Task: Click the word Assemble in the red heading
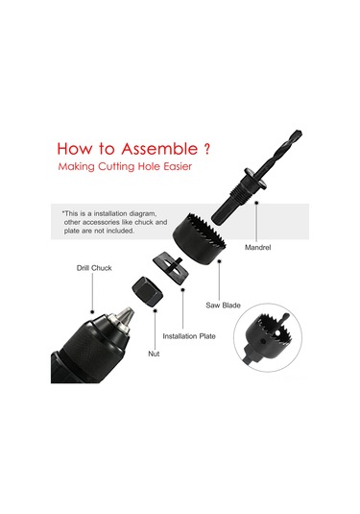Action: pyautogui.click(x=159, y=149)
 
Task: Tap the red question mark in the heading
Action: pyautogui.click(x=206, y=149)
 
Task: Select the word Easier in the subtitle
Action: pyautogui.click(x=178, y=166)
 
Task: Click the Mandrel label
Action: pyautogui.click(x=258, y=248)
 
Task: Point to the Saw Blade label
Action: pyautogui.click(x=223, y=306)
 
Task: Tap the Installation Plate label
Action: pyautogui.click(x=189, y=336)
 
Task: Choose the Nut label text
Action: pyautogui.click(x=154, y=354)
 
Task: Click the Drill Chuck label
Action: pyautogui.click(x=94, y=268)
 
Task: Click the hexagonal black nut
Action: pyautogui.click(x=147, y=291)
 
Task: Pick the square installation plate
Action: pyautogui.click(x=171, y=268)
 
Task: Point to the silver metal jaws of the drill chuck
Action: pyautogui.click(x=124, y=318)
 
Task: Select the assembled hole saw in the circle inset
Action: pyautogui.click(x=267, y=337)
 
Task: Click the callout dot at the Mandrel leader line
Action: pyautogui.click(x=256, y=203)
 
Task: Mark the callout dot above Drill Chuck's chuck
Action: pyautogui.click(x=92, y=311)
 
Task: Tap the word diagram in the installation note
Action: pyautogui.click(x=143, y=214)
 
